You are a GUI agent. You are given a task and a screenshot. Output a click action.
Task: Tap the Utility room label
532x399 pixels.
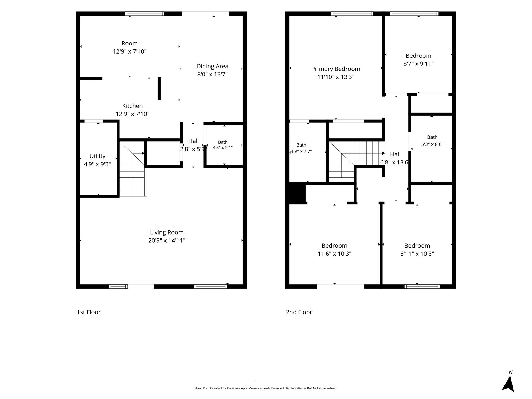[97, 156]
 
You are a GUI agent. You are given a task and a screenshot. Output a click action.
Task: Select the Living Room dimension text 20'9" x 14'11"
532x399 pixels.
[167, 241]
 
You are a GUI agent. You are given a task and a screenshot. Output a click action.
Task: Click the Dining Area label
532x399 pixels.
[212, 66]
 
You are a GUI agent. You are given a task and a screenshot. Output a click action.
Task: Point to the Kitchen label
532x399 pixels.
[132, 106]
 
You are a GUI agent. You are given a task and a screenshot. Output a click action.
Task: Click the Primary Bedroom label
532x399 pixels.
[336, 69]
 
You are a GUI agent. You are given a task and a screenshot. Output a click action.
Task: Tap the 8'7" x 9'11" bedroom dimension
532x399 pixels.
[418, 64]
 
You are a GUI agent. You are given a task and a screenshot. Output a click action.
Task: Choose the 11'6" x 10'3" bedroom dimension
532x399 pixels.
[334, 254]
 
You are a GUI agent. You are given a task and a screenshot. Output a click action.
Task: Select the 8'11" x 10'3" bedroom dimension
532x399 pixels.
[417, 254]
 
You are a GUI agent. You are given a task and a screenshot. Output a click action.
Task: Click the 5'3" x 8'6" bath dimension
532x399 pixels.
[432, 144]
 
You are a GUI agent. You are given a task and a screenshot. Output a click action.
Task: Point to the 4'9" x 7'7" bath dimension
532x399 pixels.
[301, 151]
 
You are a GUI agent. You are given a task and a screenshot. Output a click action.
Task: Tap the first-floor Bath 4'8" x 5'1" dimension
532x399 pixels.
[223, 148]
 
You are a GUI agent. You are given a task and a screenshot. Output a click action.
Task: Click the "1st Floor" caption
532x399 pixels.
[89, 312]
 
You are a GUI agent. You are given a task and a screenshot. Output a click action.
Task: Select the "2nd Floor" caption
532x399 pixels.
[299, 312]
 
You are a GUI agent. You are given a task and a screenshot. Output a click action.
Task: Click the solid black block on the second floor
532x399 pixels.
[296, 193]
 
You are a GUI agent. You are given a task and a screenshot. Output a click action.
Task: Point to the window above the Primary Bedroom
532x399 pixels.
[352, 14]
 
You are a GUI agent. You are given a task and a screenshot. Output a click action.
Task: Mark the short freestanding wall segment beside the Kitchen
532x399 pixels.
[159, 89]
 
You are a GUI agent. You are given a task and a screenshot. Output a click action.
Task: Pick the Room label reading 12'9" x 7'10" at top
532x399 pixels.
[130, 47]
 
